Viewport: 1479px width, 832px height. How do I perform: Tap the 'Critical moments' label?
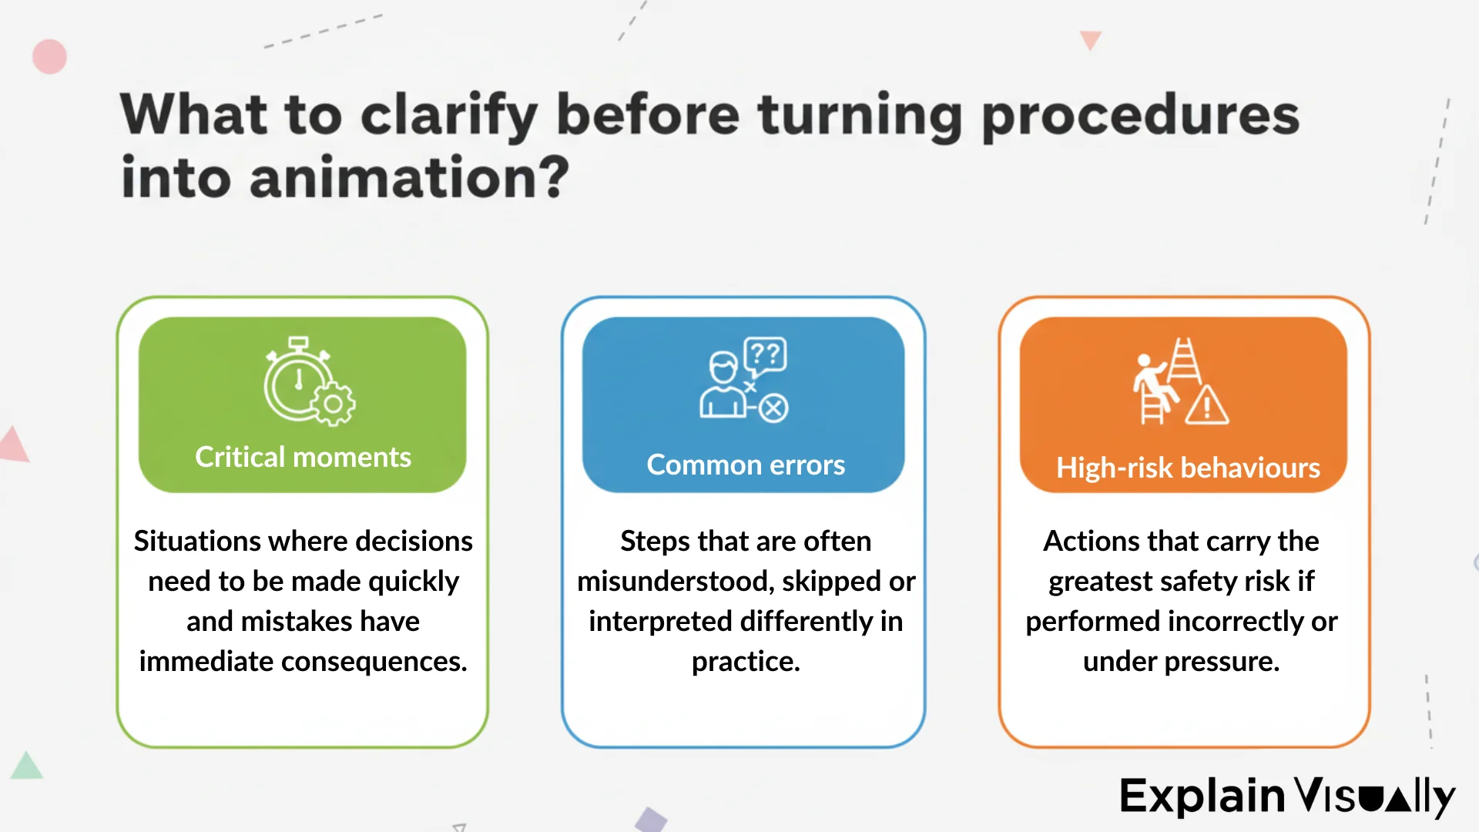[303, 457]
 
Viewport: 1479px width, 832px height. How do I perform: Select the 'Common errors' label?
[745, 465]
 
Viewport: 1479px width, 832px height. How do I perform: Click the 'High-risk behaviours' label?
[1187, 468]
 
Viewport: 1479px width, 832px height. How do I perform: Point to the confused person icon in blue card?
[723, 385]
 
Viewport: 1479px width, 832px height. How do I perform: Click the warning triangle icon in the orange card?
[1206, 406]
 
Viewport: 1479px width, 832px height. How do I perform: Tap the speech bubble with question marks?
[765, 355]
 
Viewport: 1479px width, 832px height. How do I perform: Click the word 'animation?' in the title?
[408, 178]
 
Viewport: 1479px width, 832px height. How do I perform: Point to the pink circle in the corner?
[50, 57]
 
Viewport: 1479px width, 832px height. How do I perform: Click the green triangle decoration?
[27, 767]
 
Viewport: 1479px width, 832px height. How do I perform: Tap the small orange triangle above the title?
[1090, 39]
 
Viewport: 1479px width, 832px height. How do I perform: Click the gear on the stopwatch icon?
[334, 404]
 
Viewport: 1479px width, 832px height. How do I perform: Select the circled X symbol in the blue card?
[773, 408]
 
